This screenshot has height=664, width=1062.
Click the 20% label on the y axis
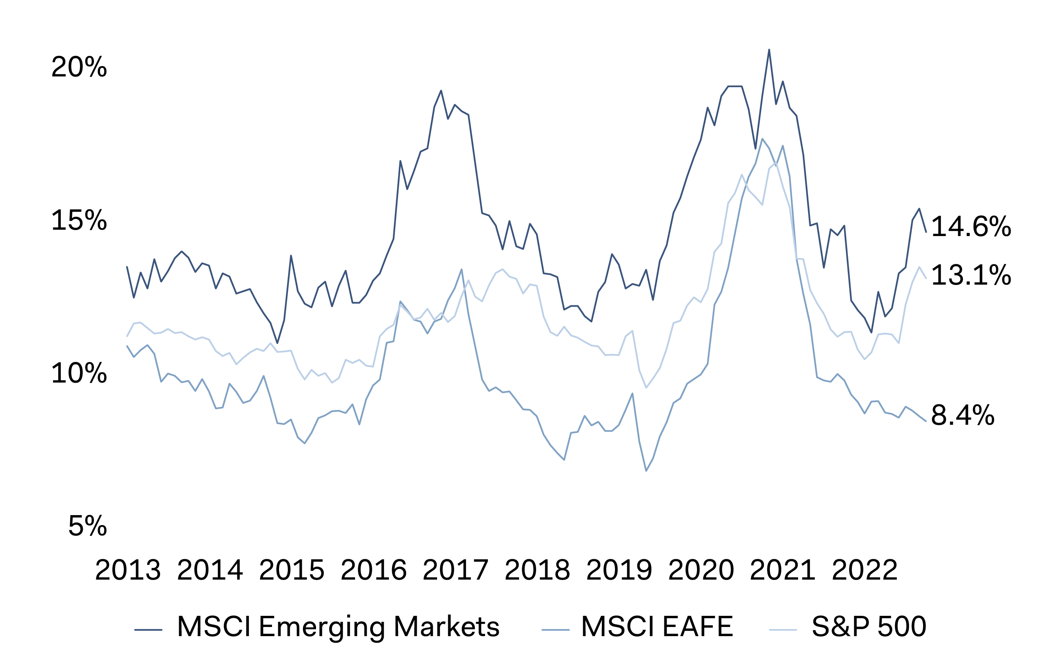click(x=79, y=67)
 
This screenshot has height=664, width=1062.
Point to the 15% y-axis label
click(x=79, y=220)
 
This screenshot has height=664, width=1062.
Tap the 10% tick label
click(x=79, y=373)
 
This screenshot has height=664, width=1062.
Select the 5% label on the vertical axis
click(x=87, y=525)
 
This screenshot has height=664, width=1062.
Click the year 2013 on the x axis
click(x=128, y=570)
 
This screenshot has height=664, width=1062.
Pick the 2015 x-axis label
click(x=291, y=570)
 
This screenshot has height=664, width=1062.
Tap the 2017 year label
click(x=455, y=570)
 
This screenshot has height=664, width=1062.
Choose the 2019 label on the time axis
click(x=619, y=570)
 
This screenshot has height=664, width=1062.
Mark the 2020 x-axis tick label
click(x=701, y=570)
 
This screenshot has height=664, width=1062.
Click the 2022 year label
click(x=865, y=570)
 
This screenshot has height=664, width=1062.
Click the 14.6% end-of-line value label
click(x=971, y=227)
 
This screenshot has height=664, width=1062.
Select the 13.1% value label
click(x=971, y=275)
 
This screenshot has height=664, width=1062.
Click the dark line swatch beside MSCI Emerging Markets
click(x=148, y=630)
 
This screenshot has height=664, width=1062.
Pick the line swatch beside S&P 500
click(x=783, y=630)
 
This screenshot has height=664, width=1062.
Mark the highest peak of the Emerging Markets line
click(x=769, y=50)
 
